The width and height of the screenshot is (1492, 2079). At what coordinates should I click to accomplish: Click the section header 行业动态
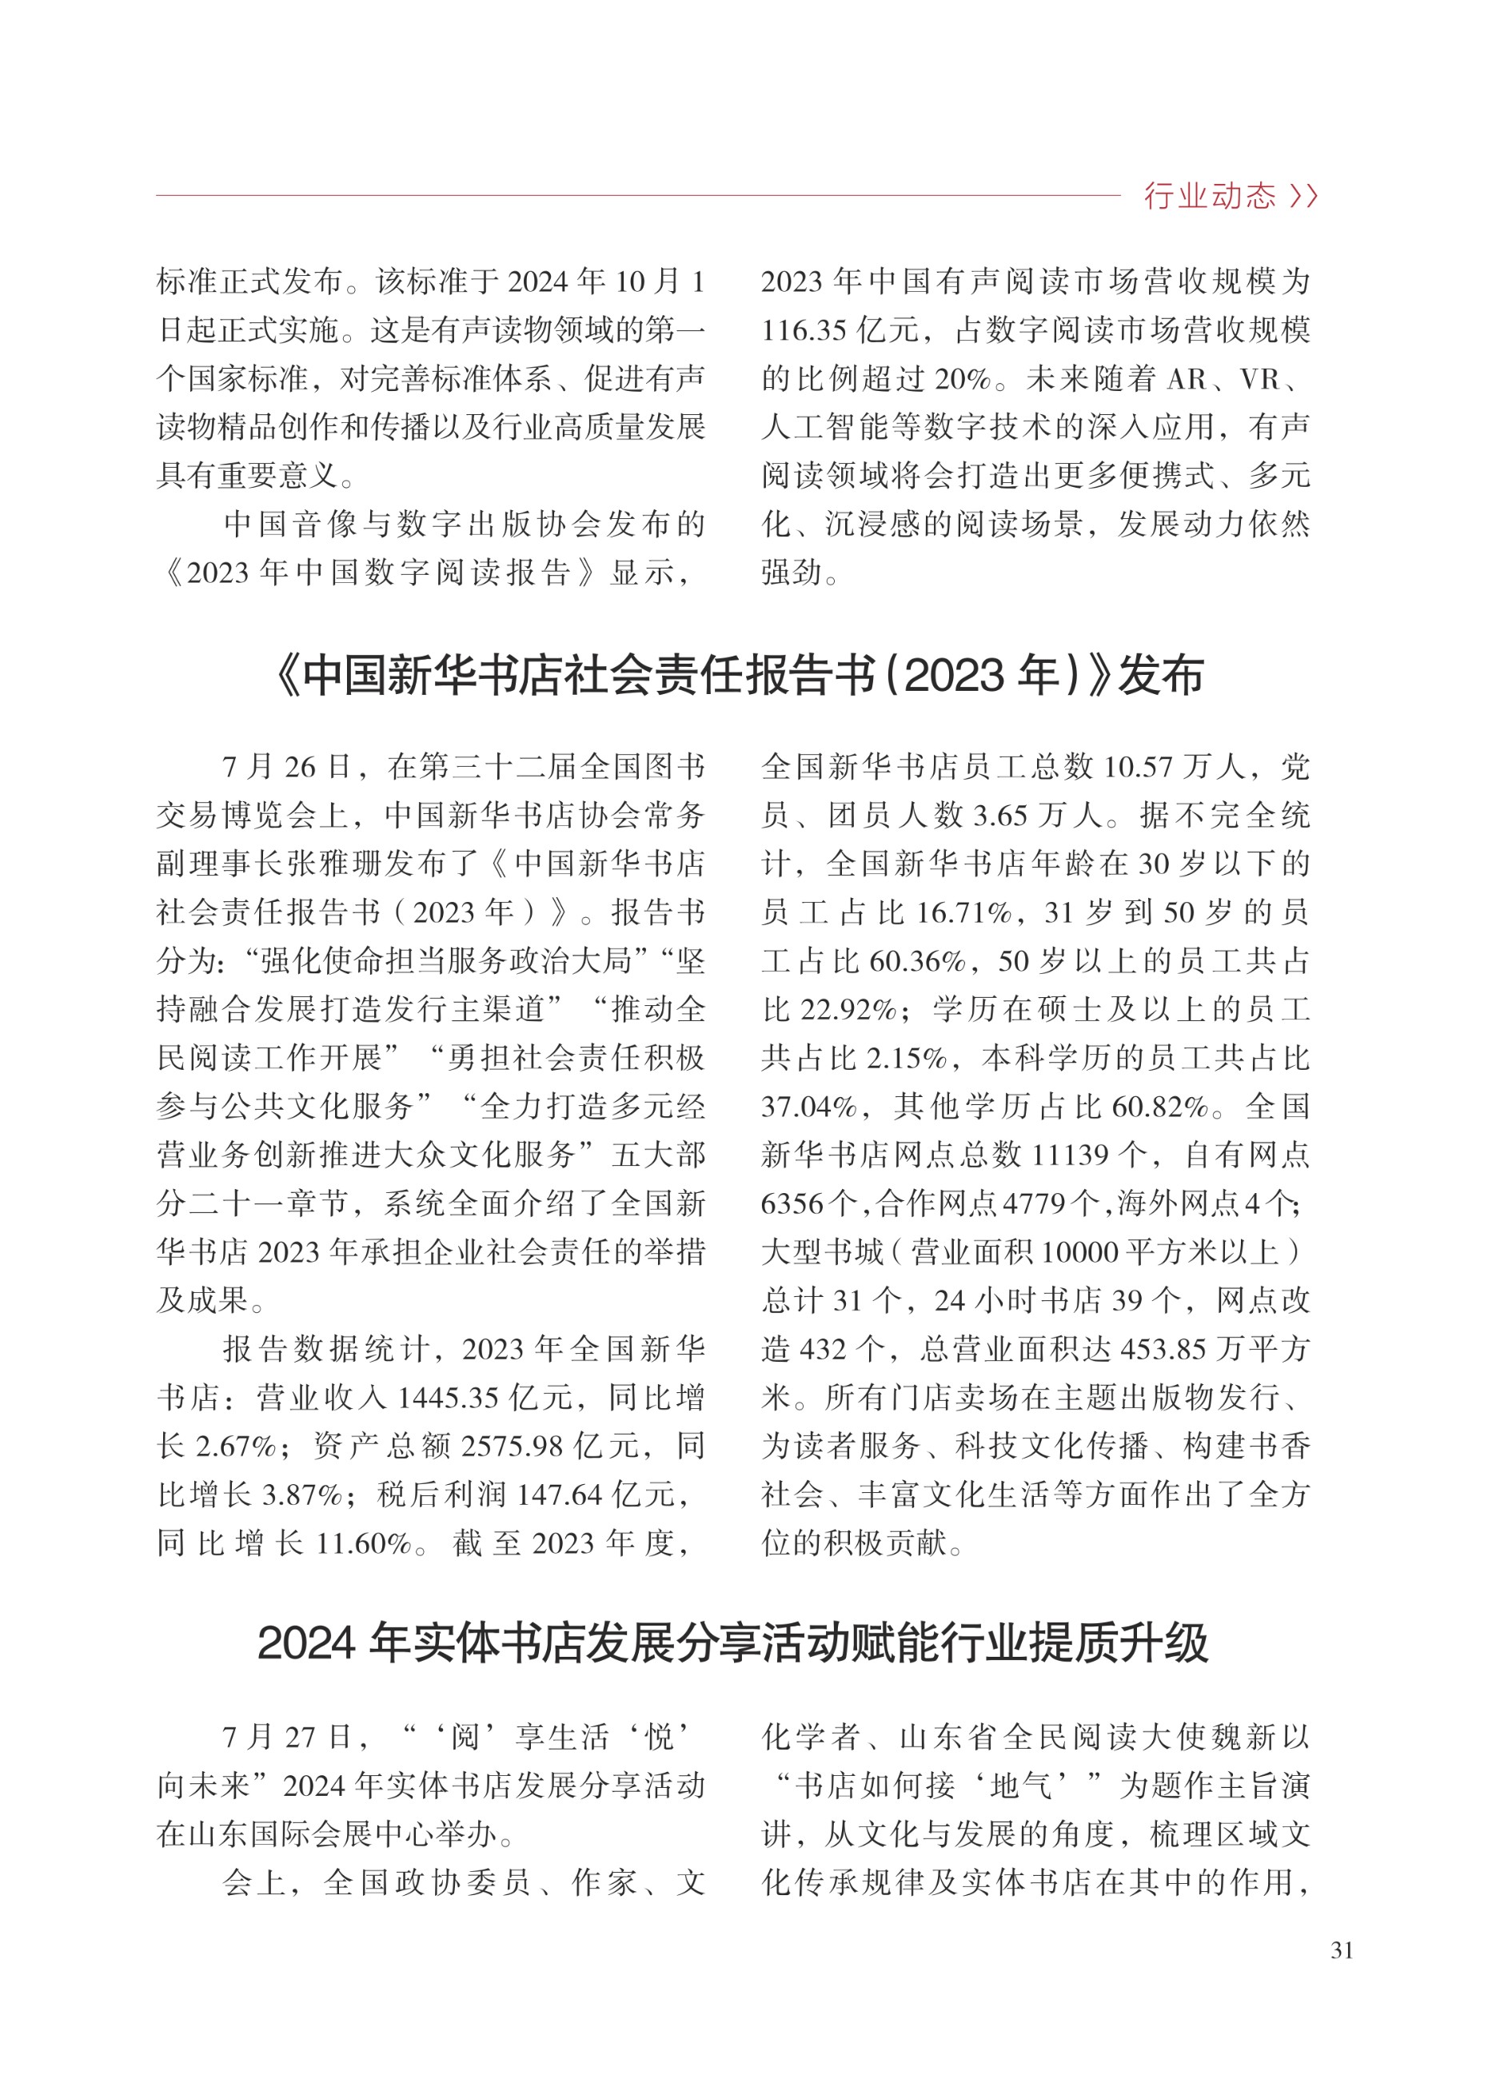pyautogui.click(x=1208, y=195)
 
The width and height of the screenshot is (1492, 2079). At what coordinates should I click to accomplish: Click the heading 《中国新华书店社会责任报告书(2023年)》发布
pyautogui.click(x=739, y=676)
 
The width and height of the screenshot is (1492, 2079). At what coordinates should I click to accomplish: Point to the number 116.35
pyautogui.click(x=803, y=330)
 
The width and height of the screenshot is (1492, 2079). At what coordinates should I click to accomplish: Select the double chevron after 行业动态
pyautogui.click(x=1303, y=195)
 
